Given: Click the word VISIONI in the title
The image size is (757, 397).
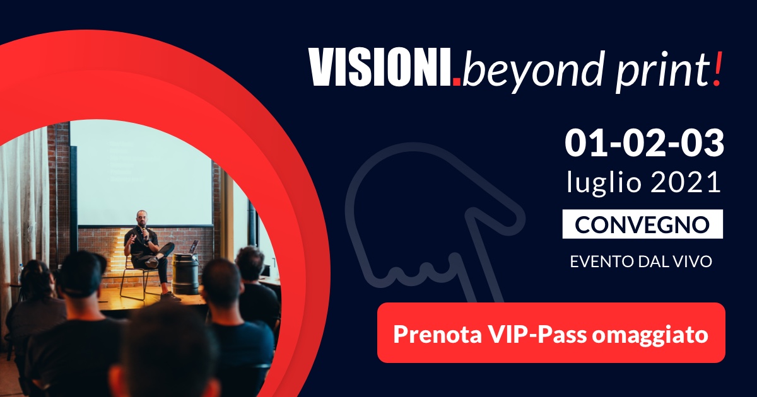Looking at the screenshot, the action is [380, 67].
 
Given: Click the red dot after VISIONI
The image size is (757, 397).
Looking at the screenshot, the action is [457, 81].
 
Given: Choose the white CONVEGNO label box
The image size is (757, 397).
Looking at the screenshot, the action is [642, 224].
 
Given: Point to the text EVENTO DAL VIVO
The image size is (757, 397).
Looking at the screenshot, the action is [641, 262].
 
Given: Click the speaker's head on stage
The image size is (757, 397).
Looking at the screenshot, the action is [142, 219].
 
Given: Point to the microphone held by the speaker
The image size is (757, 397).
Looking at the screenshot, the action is [144, 233].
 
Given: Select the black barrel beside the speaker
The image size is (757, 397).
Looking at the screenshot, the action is [185, 274].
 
